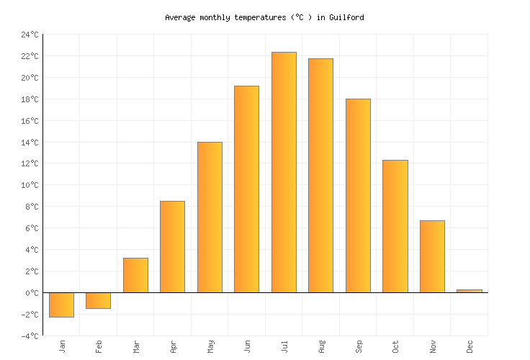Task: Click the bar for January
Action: point(61,305)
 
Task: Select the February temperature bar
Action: point(98,300)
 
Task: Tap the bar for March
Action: point(135,275)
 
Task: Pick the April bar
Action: point(172,247)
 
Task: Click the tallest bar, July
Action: point(284,173)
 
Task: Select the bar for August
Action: point(320,176)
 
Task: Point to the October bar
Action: point(395,226)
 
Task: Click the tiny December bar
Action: point(469,291)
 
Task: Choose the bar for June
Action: point(246,189)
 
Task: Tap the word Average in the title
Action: point(181,17)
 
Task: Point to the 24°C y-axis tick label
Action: point(30,35)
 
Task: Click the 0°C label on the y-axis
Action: point(32,293)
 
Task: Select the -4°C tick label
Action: point(30,336)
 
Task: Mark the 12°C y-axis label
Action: point(30,163)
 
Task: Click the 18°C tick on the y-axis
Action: point(30,99)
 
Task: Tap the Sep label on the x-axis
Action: point(359,346)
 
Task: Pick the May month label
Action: point(210,346)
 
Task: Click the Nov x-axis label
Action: point(433,346)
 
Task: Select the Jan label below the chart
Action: point(62,346)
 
